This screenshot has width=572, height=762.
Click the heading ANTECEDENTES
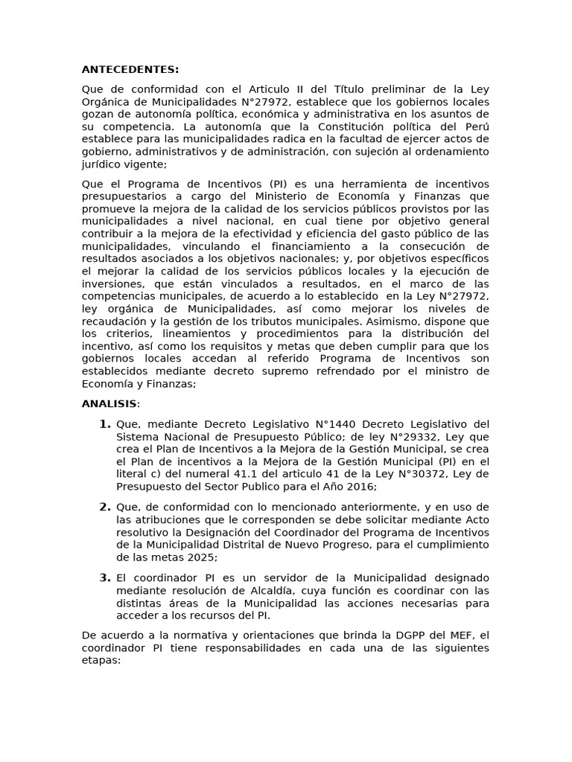pyautogui.click(x=130, y=70)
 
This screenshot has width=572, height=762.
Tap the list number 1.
pyautogui.click(x=104, y=424)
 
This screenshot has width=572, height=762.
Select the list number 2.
pyautogui.click(x=104, y=507)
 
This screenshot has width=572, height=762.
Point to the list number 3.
pyautogui.click(x=104, y=577)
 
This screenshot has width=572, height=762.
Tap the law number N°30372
pyautogui.click(x=428, y=474)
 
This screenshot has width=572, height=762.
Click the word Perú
pyautogui.click(x=472, y=127)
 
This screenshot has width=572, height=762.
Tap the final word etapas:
pyautogui.click(x=100, y=660)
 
